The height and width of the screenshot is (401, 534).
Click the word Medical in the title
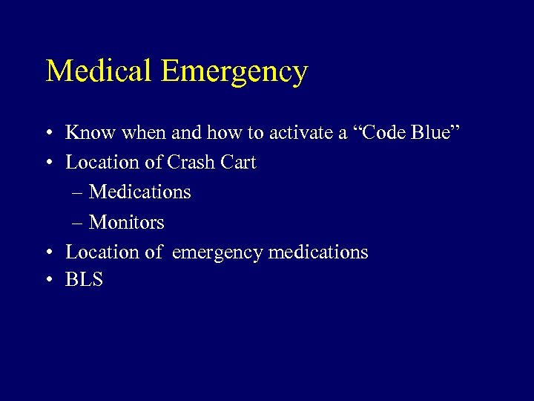coord(99,71)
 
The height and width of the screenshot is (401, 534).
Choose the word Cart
coord(240,162)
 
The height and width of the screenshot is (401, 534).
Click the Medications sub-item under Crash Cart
coord(139,192)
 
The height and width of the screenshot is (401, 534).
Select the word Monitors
coord(126,222)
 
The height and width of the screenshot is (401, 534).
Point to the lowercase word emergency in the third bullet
coord(217,252)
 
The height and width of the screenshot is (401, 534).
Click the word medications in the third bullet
coord(318,252)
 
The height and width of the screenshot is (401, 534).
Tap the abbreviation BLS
coord(84,280)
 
